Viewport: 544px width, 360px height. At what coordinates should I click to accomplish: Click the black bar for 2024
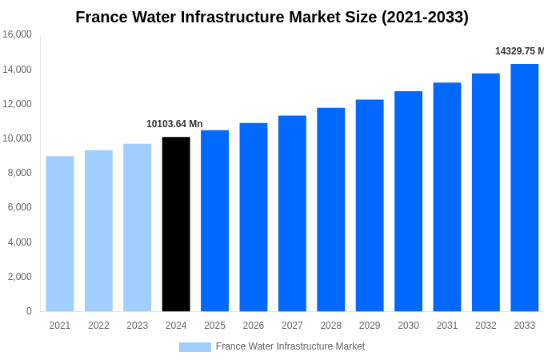pos(176,224)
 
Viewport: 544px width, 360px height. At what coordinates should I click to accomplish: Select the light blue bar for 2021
pos(60,234)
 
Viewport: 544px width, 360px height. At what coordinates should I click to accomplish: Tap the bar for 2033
pos(524,188)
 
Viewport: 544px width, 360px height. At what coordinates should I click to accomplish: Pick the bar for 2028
pos(330,210)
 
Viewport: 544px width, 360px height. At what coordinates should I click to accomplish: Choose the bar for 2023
pos(137,227)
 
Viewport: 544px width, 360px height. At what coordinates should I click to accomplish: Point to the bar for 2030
pos(408,201)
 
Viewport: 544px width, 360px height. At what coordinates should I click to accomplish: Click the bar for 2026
pos(254,217)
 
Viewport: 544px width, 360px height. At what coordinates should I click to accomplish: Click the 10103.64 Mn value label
pos(174,124)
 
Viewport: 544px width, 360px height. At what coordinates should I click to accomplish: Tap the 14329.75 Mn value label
pos(519,51)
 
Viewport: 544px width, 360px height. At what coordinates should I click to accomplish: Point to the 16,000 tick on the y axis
pos(17,34)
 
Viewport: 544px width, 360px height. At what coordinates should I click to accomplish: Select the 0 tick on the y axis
pos(29,311)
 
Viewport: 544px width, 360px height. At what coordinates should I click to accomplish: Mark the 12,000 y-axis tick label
pos(17,104)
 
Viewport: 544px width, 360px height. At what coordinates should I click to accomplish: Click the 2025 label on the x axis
pos(214,326)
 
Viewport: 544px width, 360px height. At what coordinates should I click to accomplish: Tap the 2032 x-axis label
pos(486,326)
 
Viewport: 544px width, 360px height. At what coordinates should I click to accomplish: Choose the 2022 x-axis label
pos(98,326)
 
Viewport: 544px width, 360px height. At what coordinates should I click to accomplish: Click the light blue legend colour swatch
pos(194,347)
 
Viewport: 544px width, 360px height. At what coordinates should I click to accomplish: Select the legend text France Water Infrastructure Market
pos(290,346)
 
